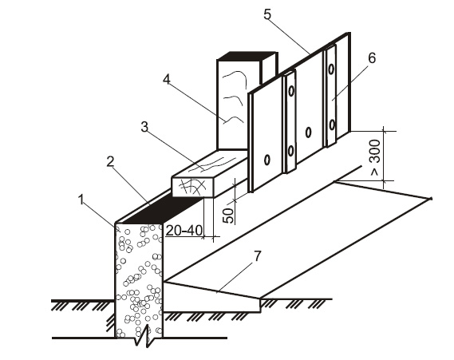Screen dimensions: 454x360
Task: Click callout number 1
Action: coord(81,200)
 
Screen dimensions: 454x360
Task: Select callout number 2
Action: coord(110,162)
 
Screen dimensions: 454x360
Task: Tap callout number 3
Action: coord(144,127)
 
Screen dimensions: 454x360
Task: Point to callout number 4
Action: coord(166,79)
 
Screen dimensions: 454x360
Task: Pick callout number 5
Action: coord(267,14)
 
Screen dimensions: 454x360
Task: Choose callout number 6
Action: coord(372,58)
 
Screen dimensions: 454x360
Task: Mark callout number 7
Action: coord(258,256)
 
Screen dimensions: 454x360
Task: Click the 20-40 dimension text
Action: coord(184,231)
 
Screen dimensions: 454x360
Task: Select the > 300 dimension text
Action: coord(376,157)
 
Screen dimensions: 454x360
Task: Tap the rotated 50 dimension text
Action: coord(228,216)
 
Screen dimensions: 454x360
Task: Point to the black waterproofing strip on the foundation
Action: coord(162,209)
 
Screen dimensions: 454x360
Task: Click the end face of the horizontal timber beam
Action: coord(192,188)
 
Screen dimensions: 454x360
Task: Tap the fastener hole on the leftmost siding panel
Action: coord(267,160)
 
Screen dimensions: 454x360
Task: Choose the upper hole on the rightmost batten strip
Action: coord(331,69)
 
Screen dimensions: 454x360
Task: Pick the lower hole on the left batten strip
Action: coord(290,151)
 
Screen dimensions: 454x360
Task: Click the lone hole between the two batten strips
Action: coord(308,132)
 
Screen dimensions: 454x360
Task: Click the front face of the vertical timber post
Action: coord(233,105)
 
